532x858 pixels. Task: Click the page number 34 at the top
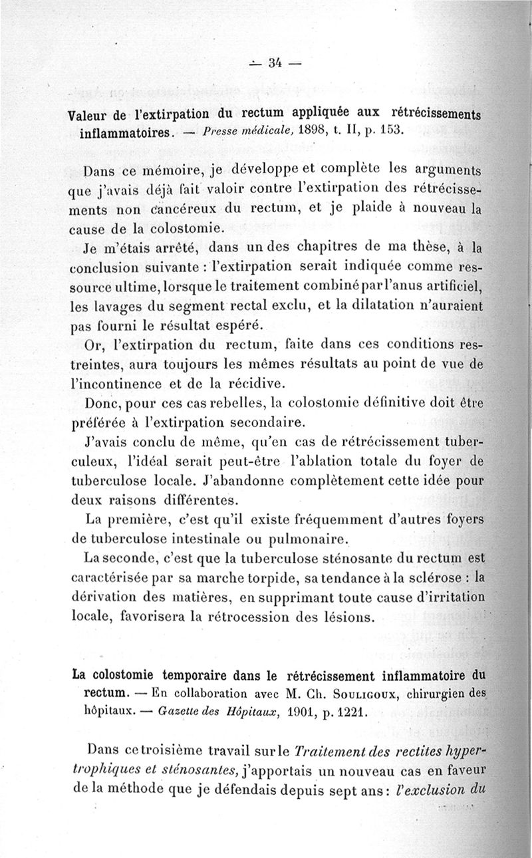pyautogui.click(x=274, y=64)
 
